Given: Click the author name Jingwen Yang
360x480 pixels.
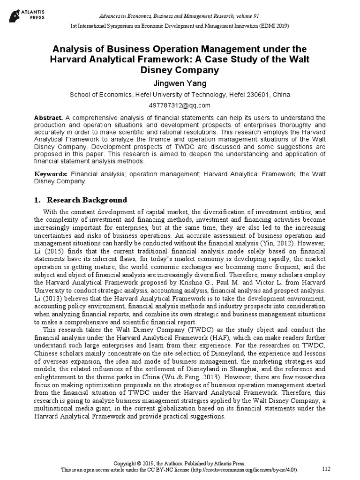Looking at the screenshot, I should tap(180, 83).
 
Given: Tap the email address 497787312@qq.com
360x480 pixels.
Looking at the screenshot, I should tap(180, 105).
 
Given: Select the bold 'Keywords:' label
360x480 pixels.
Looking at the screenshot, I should tap(52, 174).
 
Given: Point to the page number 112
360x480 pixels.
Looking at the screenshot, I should tap(327, 469).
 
